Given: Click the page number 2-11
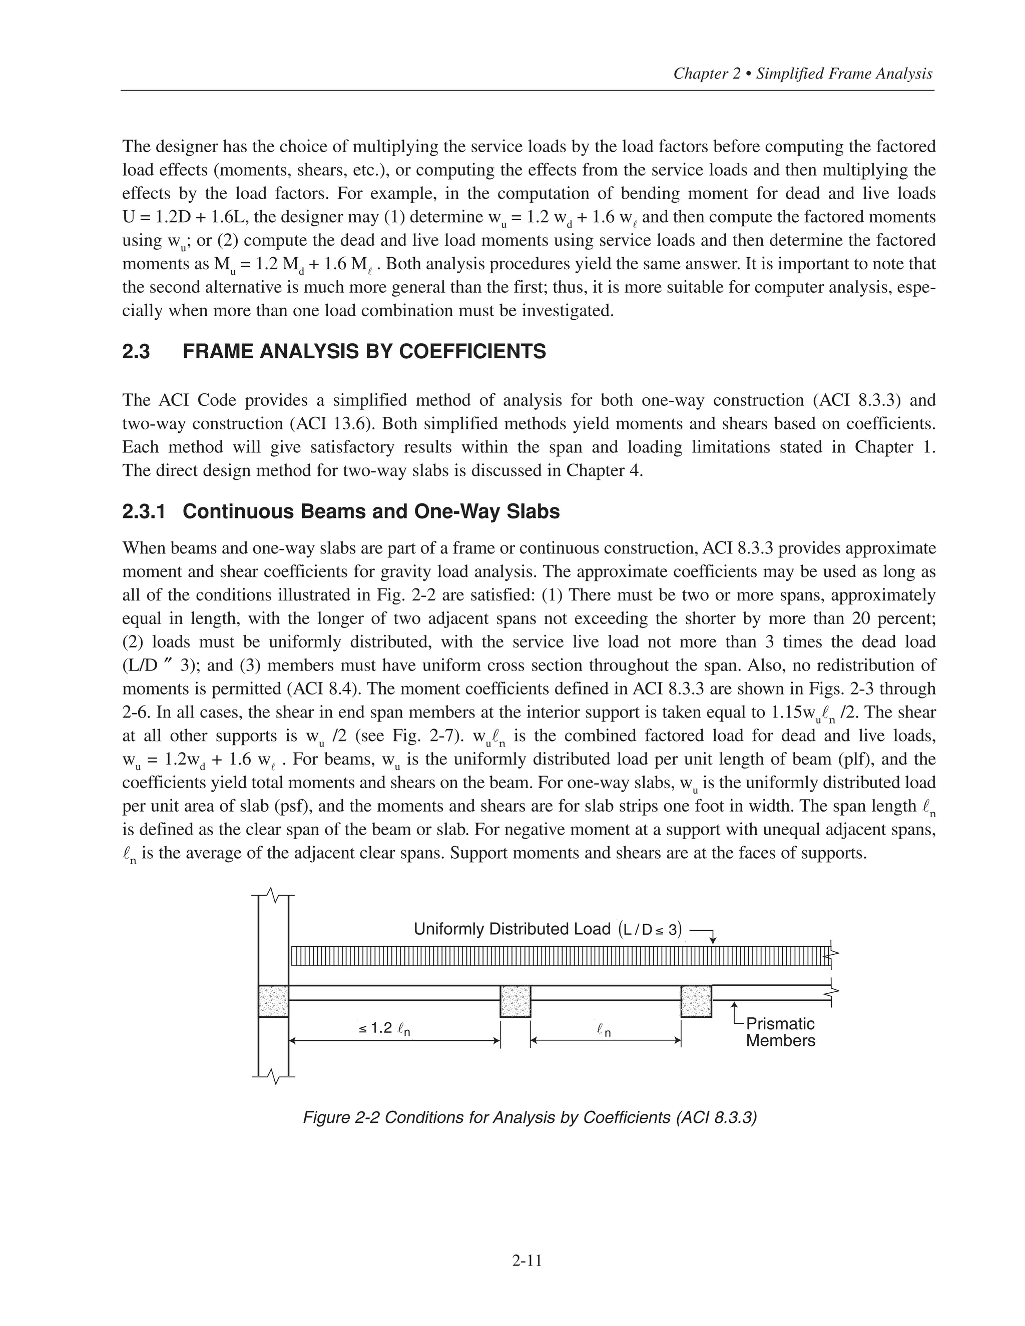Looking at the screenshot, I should pos(527,1261).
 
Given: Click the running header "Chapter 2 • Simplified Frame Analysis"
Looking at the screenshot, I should pos(803,74).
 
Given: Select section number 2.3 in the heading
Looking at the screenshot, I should pos(136,352).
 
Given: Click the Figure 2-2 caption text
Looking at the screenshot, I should pos(530,1118).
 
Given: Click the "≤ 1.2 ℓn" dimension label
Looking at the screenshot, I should pos(384,1028).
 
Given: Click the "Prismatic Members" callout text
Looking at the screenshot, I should pos(780,1032).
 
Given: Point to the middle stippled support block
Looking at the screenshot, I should pos(515,1001).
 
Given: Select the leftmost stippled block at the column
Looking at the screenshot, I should pos(273,1001).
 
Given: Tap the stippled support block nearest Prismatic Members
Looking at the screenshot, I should pos(696,1001).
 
